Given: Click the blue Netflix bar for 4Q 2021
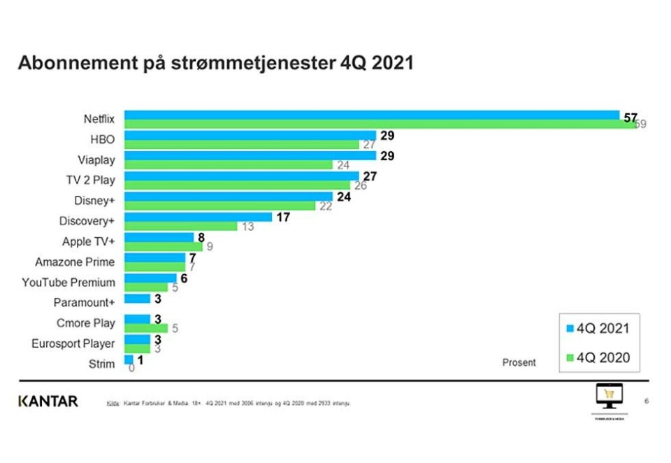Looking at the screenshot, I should click(x=372, y=115).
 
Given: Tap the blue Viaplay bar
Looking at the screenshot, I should click(x=250, y=155).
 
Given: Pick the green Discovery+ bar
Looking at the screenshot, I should click(x=182, y=226).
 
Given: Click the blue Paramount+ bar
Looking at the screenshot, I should click(x=137, y=299).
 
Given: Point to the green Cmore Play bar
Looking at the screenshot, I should click(x=146, y=328).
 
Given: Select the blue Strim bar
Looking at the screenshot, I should click(x=129, y=359).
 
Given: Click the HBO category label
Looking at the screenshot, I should click(x=103, y=140).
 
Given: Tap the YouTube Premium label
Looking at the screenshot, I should click(x=68, y=283).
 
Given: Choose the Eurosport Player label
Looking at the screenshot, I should click(x=73, y=343).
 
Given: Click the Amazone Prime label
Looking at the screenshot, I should click(x=75, y=262).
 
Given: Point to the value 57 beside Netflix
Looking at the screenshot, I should click(x=630, y=116).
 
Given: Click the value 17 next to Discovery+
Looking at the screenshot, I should click(x=283, y=217).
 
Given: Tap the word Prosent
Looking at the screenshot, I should click(x=519, y=362).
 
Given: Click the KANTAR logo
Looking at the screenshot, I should click(x=48, y=401).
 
